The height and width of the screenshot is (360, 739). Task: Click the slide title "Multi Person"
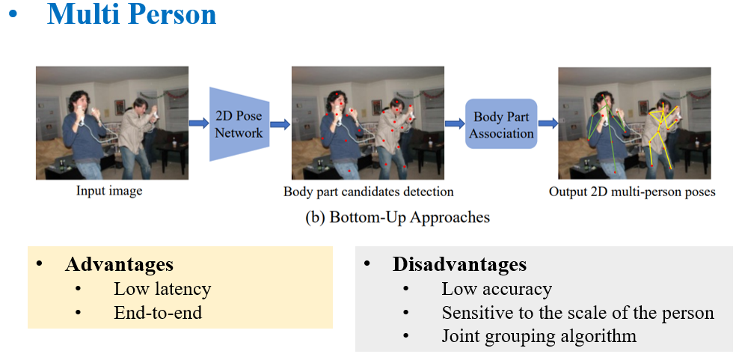132,14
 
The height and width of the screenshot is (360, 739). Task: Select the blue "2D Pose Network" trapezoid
239,124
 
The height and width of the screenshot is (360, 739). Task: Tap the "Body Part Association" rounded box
501,124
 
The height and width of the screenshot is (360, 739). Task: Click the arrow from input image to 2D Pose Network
198,123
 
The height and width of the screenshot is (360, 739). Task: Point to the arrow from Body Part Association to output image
548,123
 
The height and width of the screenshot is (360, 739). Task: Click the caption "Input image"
109,191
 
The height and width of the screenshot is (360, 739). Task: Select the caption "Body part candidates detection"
368,192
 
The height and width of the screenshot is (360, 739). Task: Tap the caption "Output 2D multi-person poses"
632,192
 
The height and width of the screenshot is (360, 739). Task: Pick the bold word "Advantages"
119,264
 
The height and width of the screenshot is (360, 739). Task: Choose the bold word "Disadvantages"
459,264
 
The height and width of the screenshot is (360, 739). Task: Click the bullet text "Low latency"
162,289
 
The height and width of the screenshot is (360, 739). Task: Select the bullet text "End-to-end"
158,313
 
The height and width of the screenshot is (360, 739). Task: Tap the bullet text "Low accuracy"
496,289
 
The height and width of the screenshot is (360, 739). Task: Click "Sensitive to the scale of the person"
577,313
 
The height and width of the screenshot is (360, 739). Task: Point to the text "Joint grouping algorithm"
539,336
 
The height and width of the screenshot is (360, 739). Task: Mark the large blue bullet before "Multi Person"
13,16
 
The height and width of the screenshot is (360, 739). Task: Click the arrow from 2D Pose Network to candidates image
280,123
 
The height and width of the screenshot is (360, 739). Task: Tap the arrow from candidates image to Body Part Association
454,123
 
